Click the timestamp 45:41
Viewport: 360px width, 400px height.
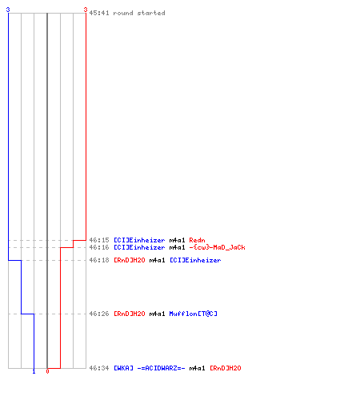[x=99, y=13]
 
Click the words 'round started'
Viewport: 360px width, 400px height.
[x=139, y=13]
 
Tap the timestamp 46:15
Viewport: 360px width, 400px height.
[x=99, y=240]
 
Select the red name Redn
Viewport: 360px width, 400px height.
[x=197, y=240]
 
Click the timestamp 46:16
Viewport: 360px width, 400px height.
[x=99, y=247]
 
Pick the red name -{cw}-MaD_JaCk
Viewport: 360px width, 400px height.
[x=217, y=247]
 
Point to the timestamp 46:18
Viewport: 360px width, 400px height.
[x=99, y=260]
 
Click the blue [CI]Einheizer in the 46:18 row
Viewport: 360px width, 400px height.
[x=195, y=260]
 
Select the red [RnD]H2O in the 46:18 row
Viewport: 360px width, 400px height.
[x=130, y=260]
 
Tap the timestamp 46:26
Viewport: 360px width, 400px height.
[x=99, y=314]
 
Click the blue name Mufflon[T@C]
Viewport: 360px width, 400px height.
[x=194, y=314]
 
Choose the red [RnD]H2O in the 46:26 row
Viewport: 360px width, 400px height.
[x=130, y=314]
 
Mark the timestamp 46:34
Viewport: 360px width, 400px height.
[x=99, y=368]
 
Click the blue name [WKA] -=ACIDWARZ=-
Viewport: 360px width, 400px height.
[x=150, y=368]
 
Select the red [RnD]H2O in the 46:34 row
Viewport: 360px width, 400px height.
[x=226, y=368]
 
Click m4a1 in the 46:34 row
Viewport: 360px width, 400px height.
[x=197, y=368]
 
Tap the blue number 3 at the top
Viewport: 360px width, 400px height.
[x=8, y=10]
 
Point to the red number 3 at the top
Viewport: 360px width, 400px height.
[x=86, y=10]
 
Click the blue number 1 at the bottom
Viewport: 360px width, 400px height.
[x=34, y=372]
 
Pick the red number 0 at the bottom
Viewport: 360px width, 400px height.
[x=47, y=371]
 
